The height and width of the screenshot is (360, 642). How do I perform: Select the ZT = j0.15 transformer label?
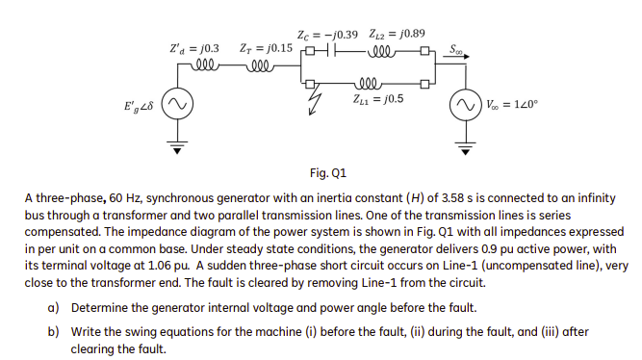pyautogui.click(x=265, y=47)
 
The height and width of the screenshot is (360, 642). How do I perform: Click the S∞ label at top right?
pyautogui.click(x=457, y=45)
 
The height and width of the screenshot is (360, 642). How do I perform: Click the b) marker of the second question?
pyautogui.click(x=52, y=330)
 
